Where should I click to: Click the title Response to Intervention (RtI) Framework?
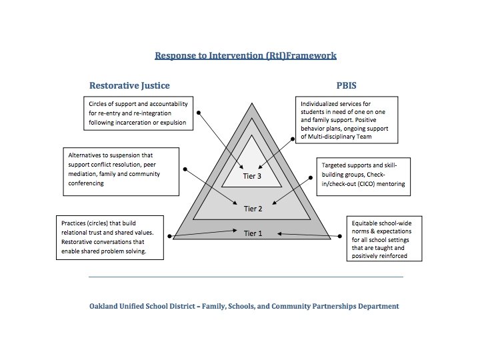pyautogui.click(x=245, y=56)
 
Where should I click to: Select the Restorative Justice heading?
pyautogui.click(x=129, y=85)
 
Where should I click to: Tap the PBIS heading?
pyautogui.click(x=349, y=85)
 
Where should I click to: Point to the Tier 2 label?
pyautogui.click(x=253, y=209)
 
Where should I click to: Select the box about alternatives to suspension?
pyautogui.click(x=121, y=171)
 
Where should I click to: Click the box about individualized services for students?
pyautogui.click(x=347, y=119)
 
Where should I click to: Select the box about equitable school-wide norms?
pyautogui.click(x=386, y=237)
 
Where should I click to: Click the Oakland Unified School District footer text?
pyautogui.click(x=244, y=307)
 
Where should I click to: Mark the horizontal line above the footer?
pyautogui.click(x=245, y=276)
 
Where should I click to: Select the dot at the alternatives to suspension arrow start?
pyautogui.click(x=186, y=169)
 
